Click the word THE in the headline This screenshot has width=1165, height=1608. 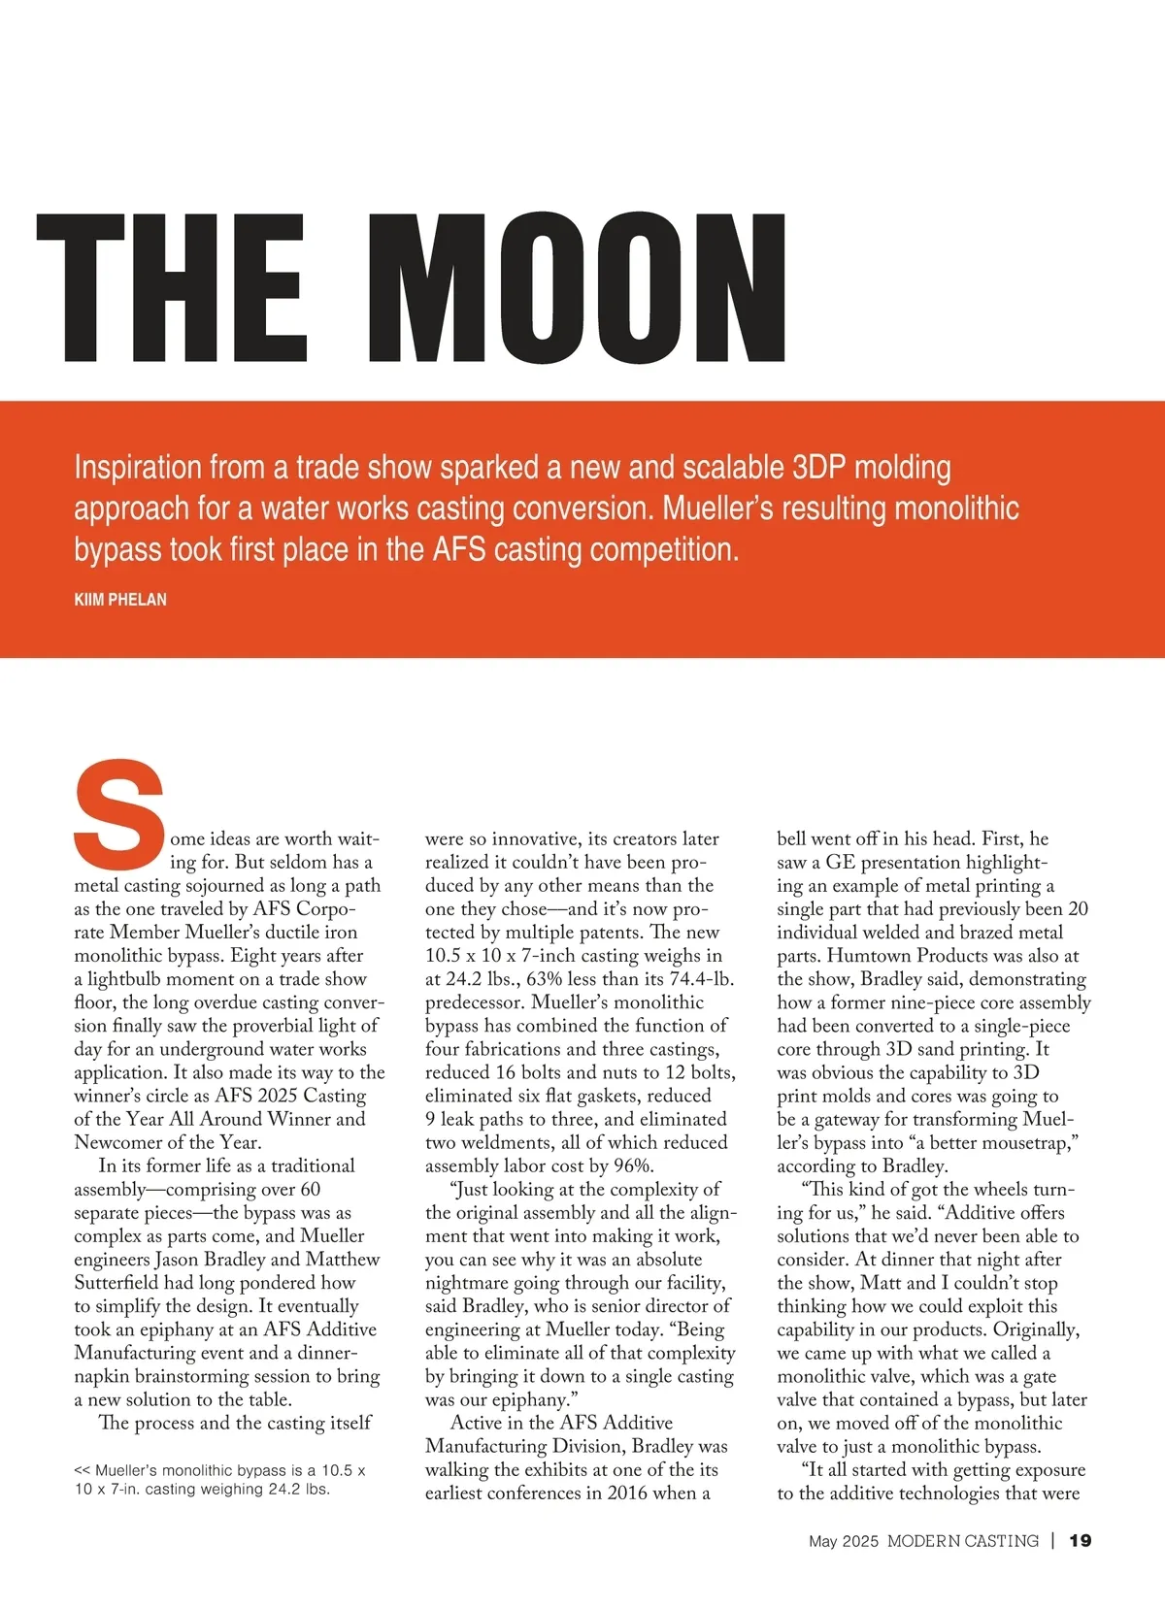coord(171,288)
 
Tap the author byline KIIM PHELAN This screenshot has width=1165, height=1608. coord(120,600)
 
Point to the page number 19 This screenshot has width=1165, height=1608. coord(1080,1540)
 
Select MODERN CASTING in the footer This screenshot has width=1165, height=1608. coord(962,1540)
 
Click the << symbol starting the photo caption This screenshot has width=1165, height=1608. coord(83,1470)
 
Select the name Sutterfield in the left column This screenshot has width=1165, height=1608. coord(122,1283)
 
